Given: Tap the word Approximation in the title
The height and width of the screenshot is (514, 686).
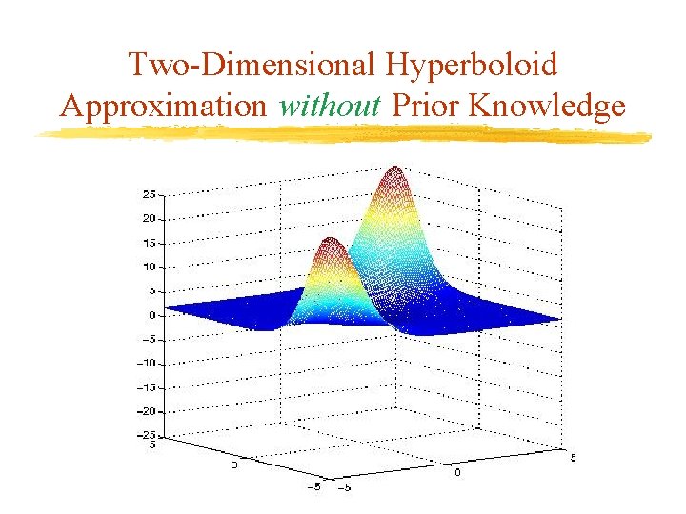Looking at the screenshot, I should pyautogui.click(x=164, y=105).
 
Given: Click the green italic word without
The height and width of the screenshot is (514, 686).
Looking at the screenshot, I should pyautogui.click(x=330, y=105).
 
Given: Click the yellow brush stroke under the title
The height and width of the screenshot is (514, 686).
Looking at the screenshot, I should pyautogui.click(x=343, y=135).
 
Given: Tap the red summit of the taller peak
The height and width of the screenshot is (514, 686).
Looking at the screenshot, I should pyautogui.click(x=393, y=173).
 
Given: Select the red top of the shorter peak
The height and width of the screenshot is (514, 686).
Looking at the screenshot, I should pyautogui.click(x=330, y=242).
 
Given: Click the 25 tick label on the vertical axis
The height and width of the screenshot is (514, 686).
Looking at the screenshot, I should pyautogui.click(x=149, y=194).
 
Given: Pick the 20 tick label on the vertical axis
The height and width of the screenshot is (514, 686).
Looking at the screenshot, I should pyautogui.click(x=149, y=218).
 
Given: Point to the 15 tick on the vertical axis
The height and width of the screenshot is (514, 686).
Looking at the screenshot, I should pyautogui.click(x=149, y=243).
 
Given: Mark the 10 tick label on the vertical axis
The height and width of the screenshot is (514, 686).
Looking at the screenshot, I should pyautogui.click(x=149, y=267).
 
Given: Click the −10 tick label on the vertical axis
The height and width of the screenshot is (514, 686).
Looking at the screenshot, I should pyautogui.click(x=146, y=364).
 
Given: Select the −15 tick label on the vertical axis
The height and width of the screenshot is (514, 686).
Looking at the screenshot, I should pyautogui.click(x=146, y=387).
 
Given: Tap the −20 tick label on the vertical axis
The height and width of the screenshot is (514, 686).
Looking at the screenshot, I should pyautogui.click(x=146, y=412).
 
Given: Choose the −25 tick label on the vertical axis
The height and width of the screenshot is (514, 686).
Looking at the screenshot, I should pyautogui.click(x=146, y=435).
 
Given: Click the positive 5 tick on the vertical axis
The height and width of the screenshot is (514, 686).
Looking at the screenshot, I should pyautogui.click(x=151, y=291).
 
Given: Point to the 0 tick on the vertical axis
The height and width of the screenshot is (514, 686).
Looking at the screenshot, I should pyautogui.click(x=151, y=315).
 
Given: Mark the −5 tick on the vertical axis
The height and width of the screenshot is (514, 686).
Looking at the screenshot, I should pyautogui.click(x=149, y=339).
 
